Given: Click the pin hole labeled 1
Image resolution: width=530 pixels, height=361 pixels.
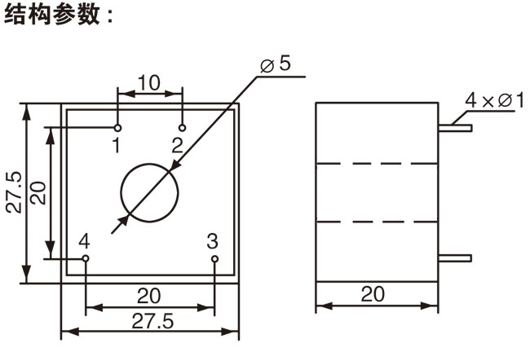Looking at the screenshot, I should (x=118, y=128).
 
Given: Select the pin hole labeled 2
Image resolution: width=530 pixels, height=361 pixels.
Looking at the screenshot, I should (x=183, y=128).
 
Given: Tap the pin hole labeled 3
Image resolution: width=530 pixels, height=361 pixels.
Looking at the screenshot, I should (x=214, y=259).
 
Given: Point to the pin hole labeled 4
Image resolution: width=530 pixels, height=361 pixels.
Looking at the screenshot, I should (x=86, y=259).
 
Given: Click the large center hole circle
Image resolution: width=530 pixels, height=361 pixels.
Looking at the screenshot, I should (x=150, y=192).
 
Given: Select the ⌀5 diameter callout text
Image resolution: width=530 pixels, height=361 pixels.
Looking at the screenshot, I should (x=275, y=64).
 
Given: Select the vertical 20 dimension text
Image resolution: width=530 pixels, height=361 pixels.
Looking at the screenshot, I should (x=38, y=192).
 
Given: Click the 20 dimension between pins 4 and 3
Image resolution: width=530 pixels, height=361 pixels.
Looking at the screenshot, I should (x=149, y=295).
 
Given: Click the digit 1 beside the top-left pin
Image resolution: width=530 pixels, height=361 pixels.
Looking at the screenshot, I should (x=117, y=146).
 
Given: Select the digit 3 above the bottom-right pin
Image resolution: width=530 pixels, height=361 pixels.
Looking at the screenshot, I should (x=212, y=241).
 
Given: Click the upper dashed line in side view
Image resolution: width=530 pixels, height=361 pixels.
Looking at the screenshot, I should (x=377, y=164).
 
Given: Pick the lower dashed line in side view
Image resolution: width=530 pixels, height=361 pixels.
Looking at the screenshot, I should (x=377, y=222).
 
